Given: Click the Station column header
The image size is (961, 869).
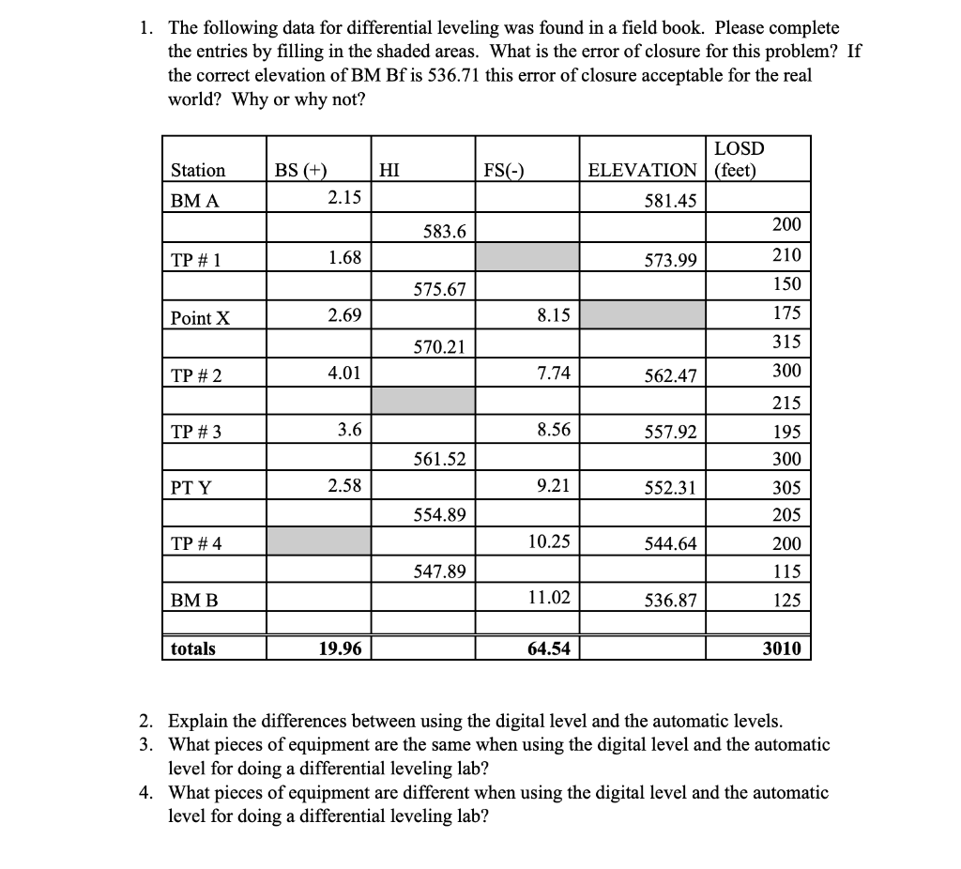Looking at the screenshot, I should coord(198,170).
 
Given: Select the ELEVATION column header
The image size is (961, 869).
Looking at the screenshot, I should coord(642,170).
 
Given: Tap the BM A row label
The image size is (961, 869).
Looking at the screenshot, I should coord(194,200).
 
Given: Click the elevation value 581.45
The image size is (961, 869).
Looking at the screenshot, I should coord(671,200).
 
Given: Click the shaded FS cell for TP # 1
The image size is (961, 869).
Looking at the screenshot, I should coord(526,257).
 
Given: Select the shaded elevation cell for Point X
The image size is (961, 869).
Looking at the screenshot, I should coord(642,315).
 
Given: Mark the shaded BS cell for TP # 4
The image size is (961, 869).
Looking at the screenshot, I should coord(318,541).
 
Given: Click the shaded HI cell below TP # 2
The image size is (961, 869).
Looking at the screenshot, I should coord(422,402).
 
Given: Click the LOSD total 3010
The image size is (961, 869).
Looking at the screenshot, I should coord(782,648).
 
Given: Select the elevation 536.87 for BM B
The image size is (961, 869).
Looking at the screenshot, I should coord(671,600).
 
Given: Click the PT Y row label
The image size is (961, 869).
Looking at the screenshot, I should coord(191,487).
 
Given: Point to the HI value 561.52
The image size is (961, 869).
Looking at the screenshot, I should coord(439,459).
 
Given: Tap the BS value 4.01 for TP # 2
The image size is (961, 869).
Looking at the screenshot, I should coord(343,374).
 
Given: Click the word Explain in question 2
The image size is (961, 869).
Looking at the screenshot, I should coord(199,721).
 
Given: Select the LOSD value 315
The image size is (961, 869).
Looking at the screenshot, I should coord(786,343).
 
